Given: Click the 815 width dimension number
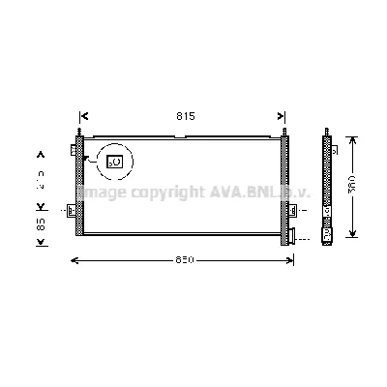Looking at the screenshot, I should click(x=186, y=116).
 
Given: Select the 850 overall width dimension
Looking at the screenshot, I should click(x=186, y=260).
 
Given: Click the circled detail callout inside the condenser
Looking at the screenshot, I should click(x=113, y=163).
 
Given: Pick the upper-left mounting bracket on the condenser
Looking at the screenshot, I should click(x=74, y=150).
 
